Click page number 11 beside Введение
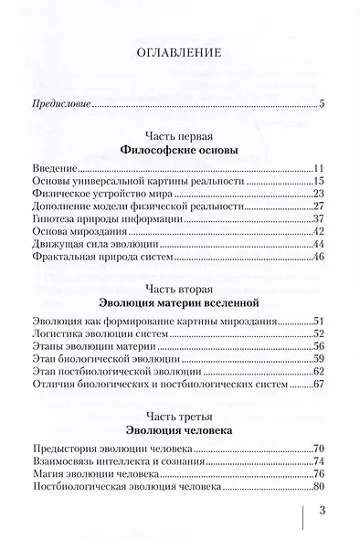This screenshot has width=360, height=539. [x=320, y=169]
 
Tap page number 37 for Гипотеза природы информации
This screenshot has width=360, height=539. [x=320, y=220]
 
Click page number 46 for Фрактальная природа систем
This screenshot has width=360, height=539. [x=320, y=259]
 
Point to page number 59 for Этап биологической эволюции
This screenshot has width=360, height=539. [x=320, y=360]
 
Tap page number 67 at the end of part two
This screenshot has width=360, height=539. [x=320, y=386]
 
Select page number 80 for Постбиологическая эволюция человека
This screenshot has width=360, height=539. [x=320, y=486]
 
